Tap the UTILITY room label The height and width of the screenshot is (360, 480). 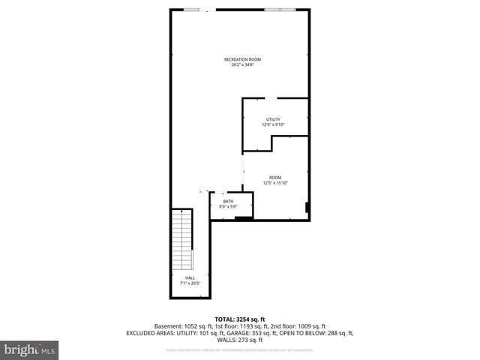(273, 120)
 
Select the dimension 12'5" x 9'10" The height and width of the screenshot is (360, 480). (273, 125)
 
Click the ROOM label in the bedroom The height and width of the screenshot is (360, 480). (275, 177)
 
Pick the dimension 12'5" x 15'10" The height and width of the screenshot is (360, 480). (275, 182)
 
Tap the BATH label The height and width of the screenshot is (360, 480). (226, 200)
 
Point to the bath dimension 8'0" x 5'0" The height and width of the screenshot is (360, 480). (226, 205)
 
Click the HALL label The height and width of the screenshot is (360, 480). (190, 278)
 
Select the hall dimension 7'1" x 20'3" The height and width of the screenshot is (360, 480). (190, 283)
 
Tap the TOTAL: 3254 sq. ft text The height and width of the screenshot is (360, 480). (240, 319)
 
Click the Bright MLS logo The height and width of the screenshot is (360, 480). (30, 349)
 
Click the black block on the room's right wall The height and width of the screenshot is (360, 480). (307, 207)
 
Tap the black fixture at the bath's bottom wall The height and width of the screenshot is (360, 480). (243, 218)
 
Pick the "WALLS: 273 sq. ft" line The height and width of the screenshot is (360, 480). (240, 339)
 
